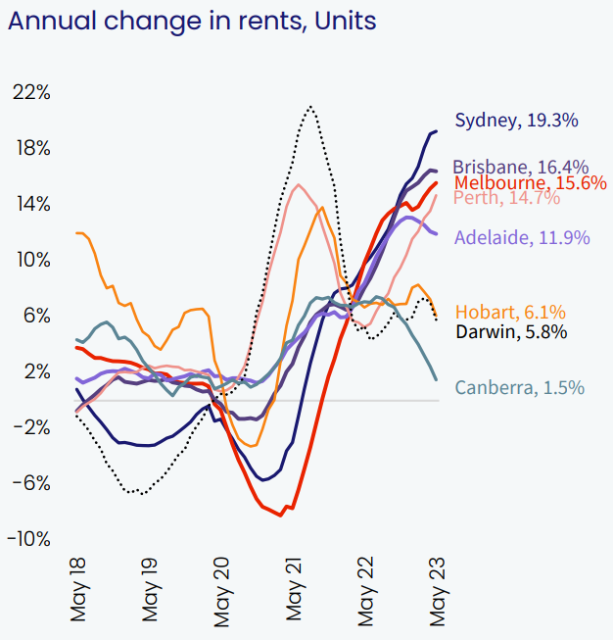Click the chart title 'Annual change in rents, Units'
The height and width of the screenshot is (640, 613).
[x=191, y=21]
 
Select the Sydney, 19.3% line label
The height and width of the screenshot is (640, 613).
[x=517, y=121]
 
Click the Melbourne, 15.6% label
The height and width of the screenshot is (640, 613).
[x=531, y=182]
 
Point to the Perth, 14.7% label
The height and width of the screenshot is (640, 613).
[x=507, y=198]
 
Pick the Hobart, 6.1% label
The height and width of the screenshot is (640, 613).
[x=510, y=312]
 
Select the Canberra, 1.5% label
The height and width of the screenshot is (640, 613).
[x=520, y=388]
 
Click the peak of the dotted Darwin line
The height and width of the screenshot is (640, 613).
[x=310, y=106]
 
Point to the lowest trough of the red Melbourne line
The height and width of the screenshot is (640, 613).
[x=281, y=516]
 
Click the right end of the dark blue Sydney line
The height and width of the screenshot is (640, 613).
[x=437, y=130]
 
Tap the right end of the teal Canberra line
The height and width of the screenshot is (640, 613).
[x=436, y=380]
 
